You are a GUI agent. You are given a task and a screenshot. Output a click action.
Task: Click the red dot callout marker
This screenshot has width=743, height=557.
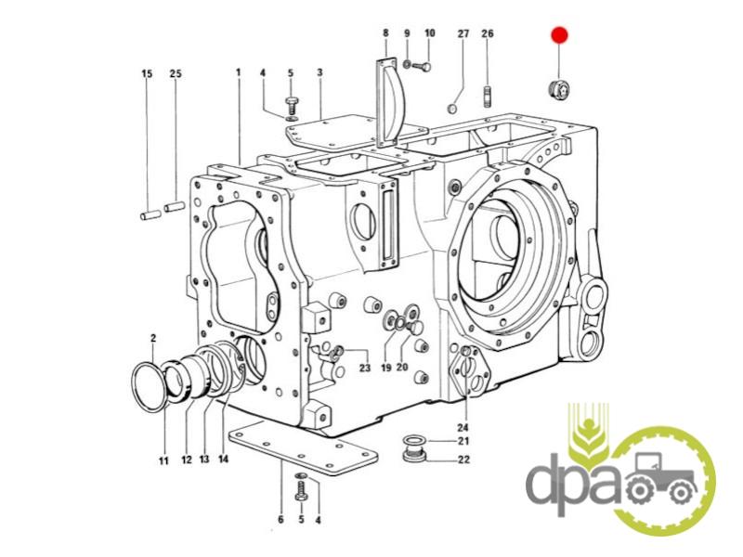coord(559,35)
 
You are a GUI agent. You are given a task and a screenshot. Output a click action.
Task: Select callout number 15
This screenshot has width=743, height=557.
coord(147,74)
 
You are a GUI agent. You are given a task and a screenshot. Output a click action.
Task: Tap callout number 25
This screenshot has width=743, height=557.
coord(176,74)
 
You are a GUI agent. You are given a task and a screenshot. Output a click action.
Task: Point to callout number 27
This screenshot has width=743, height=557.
coord(463,33)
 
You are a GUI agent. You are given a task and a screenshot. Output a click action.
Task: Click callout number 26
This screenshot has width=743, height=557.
coord(487,33)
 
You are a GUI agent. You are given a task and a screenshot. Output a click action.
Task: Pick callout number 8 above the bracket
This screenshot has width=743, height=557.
coord(385,33)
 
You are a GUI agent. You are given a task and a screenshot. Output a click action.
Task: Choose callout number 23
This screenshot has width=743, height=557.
coord(364,368)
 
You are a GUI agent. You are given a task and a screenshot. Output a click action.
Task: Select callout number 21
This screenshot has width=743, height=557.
coord(463,442)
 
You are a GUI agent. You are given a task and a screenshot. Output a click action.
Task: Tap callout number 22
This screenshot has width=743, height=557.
coord(463,459)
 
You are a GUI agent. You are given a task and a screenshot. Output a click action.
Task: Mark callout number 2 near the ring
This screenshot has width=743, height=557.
coord(153,338)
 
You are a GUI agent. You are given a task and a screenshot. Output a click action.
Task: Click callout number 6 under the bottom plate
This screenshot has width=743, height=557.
coord(280,520)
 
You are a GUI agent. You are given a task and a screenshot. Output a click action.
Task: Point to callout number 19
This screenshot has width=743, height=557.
coord(386,368)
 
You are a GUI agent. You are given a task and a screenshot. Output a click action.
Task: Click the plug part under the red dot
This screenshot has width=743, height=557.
coord(559,90)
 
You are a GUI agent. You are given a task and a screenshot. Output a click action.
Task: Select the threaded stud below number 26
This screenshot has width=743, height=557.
coord(487,97)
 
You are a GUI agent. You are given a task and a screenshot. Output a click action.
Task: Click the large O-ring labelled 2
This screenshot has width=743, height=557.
coord(150,387)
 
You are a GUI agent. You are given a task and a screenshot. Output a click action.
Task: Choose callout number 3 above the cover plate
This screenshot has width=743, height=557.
coord(319,72)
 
